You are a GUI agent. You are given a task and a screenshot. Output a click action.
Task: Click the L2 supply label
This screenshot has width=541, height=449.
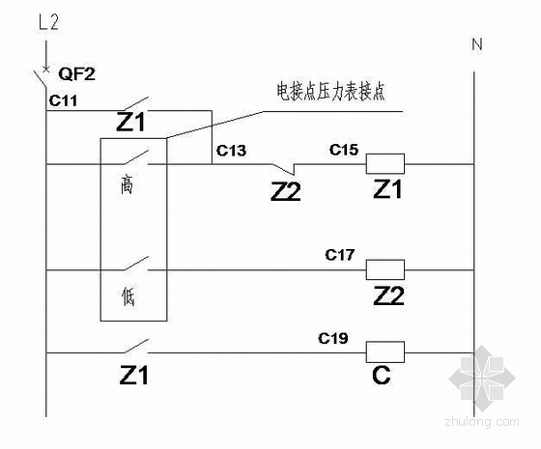(x=48, y=22)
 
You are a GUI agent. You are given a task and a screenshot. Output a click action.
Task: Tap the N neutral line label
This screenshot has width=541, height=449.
(x=477, y=44)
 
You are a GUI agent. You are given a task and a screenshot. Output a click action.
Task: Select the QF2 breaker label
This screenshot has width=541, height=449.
(x=76, y=73)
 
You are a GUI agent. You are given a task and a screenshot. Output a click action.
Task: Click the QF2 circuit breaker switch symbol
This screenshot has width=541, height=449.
(x=42, y=76)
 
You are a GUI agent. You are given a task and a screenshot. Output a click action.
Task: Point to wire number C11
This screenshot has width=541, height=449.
(x=63, y=100)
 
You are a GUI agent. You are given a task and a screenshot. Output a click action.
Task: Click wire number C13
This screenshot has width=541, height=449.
(x=231, y=151)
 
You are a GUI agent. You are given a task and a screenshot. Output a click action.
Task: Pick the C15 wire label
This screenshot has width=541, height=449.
(x=344, y=150)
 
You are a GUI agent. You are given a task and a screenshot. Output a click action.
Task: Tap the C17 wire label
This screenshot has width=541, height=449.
(x=339, y=255)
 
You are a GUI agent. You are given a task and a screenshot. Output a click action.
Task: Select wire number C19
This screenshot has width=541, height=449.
(x=333, y=338)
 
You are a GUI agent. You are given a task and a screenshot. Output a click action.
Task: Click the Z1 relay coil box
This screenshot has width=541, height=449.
(x=385, y=163)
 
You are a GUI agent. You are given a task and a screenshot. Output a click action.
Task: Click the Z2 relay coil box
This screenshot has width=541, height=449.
(x=385, y=269)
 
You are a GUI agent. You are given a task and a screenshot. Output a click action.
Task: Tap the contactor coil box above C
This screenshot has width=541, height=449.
(x=385, y=352)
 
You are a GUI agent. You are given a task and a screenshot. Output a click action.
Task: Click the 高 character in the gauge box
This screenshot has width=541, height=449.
(x=127, y=185)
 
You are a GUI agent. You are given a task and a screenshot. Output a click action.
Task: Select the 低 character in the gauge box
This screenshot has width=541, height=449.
(x=128, y=295)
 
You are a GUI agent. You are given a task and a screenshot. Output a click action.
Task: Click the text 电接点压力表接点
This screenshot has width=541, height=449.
(x=330, y=92)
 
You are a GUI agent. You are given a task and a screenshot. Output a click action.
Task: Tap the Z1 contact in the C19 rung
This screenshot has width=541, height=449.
(x=136, y=347)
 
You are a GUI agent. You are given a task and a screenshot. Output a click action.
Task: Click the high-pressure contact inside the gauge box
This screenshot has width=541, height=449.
(x=136, y=157)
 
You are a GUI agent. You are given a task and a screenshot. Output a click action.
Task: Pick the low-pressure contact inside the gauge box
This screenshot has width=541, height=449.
(x=136, y=263)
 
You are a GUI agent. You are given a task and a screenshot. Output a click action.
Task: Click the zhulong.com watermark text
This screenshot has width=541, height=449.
(x=482, y=421)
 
